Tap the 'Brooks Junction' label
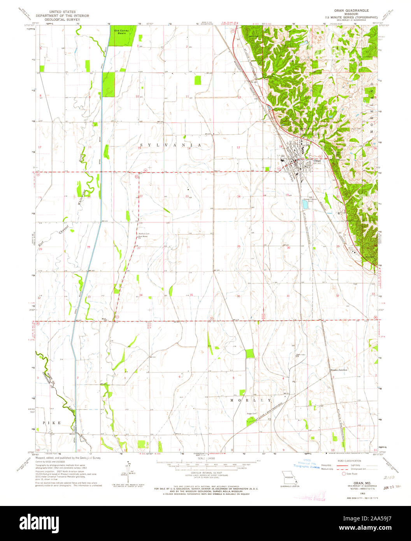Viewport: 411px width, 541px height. (338, 370)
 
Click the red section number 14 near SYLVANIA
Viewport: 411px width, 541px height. (189, 149)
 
